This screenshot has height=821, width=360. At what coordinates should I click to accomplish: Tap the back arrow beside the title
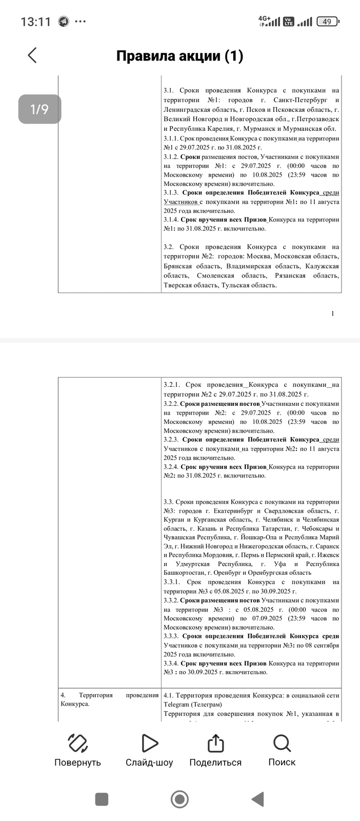32,55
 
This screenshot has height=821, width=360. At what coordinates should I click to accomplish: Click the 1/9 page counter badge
39,109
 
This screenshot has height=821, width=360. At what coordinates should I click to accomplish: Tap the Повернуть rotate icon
77,743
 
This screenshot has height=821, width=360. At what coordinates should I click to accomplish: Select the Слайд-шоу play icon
149,743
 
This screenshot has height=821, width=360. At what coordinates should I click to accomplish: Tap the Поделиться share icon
215,743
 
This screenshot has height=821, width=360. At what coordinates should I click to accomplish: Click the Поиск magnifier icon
282,743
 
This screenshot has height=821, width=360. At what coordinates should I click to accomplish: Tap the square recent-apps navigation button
102,799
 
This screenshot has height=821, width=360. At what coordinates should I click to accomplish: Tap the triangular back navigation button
257,799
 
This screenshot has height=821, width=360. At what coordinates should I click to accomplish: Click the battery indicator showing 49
328,22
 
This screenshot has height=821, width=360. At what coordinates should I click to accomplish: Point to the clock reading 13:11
35,22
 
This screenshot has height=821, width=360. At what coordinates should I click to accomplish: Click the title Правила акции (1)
179,56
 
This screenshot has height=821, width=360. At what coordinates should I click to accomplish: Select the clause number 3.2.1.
172,385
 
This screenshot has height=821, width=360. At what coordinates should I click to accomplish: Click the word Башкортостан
184,573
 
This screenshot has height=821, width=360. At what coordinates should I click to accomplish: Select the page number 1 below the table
332,314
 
